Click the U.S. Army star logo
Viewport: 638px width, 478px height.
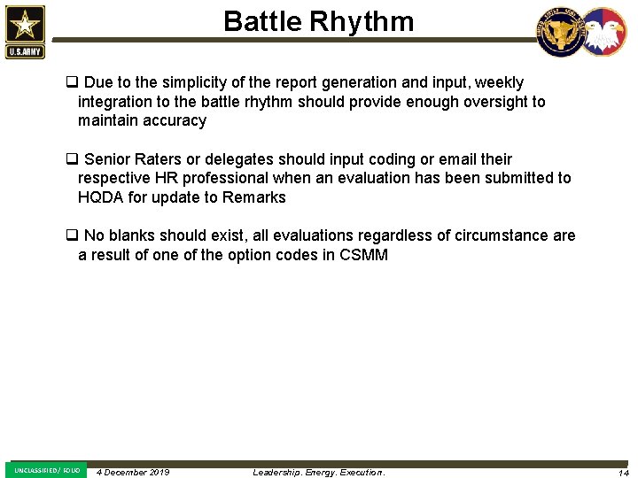[24, 31]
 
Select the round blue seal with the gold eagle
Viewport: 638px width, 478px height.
[560, 32]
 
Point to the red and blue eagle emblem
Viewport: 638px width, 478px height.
[603, 32]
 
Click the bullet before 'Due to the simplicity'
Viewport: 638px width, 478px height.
[71, 83]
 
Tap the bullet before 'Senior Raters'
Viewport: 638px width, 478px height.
[71, 159]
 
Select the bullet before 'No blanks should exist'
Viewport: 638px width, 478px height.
[71, 235]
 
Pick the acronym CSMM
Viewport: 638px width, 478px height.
[363, 255]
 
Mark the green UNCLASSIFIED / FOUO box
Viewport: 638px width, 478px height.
[46, 470]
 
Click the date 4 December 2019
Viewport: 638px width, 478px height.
[133, 472]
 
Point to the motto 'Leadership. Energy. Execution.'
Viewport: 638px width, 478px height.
[319, 472]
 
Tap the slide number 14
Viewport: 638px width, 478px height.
[624, 473]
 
